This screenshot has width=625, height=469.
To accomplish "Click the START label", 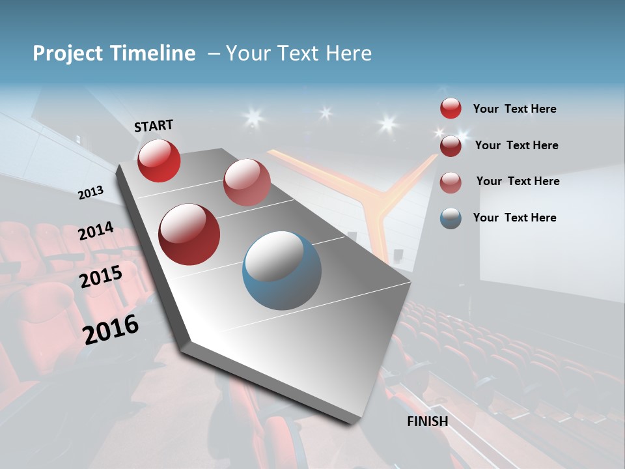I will point(154,126).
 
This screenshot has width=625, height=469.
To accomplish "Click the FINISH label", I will point(428,421).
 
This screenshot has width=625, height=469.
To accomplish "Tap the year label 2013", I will point(90,193).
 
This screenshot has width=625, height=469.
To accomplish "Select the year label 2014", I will point(96,231).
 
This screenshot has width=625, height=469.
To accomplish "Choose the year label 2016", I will point(111,328).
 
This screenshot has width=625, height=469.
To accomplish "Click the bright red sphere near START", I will point(159,160).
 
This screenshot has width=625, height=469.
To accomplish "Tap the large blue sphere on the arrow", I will point(281,270).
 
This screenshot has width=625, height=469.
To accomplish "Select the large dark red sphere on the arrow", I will point(189,234).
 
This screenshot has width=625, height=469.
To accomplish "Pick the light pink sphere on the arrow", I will point(247,182).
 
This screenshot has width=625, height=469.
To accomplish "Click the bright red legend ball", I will point(451,109).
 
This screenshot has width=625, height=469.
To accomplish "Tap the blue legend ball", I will point(451,218).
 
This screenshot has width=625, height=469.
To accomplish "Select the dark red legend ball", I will point(451,145).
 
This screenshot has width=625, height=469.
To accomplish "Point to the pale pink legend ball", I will point(451,182).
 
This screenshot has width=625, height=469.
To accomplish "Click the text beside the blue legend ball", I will point(514,218).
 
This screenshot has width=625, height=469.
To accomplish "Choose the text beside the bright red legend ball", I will point(514,109).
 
